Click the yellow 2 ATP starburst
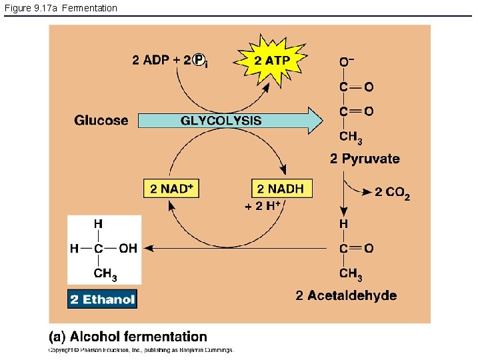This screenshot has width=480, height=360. pyautogui.click(x=272, y=60)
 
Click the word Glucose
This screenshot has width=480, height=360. pyautogui.click(x=101, y=121)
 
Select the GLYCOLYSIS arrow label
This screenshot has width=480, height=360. pyautogui.click(x=221, y=121)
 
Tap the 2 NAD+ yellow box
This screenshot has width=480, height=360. pyautogui.click(x=171, y=189)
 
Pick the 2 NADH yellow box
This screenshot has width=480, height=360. pyautogui.click(x=280, y=189)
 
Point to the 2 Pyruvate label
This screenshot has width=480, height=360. pyautogui.click(x=365, y=159)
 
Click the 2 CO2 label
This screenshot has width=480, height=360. pyautogui.click(x=392, y=193)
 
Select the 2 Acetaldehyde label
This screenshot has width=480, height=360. pyautogui.click(x=346, y=295)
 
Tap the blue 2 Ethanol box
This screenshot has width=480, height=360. pyautogui.click(x=102, y=299)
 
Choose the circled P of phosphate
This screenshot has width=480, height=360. pyautogui.click(x=199, y=61)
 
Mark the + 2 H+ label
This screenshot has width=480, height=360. pyautogui.click(x=263, y=207)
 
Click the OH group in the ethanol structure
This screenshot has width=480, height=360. pyautogui.click(x=128, y=248)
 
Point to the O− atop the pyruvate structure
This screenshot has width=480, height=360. pyautogui.click(x=347, y=62)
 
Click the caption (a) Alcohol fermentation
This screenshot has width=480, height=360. pyautogui.click(x=128, y=337)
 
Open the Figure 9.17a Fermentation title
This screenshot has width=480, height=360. pyautogui.click(x=60, y=8)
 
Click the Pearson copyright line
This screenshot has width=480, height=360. pyautogui.click(x=140, y=349)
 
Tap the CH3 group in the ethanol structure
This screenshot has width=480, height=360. pyautogui.click(x=105, y=273)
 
